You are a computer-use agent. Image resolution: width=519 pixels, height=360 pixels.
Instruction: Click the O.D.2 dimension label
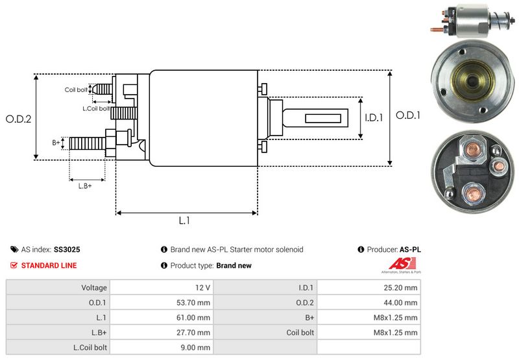click(x=19, y=119)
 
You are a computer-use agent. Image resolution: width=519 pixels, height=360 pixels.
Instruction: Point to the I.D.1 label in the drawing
click(x=374, y=118)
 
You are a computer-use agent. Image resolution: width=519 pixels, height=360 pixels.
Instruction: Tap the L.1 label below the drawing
click(x=184, y=221)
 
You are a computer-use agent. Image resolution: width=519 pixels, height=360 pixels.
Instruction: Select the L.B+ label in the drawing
click(x=85, y=186)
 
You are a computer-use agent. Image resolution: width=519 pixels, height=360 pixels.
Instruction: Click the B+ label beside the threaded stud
click(x=56, y=142)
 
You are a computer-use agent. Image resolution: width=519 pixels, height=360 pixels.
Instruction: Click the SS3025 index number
click(x=67, y=249)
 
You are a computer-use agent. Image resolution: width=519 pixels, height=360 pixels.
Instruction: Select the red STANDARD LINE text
click(x=49, y=265)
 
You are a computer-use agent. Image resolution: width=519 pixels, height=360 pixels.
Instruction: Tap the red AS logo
click(x=395, y=264)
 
